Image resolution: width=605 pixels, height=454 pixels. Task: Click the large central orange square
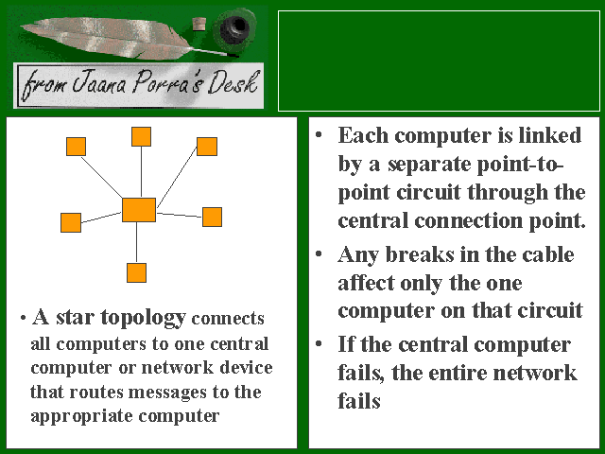[138, 209]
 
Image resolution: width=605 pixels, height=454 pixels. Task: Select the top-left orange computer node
[77, 147]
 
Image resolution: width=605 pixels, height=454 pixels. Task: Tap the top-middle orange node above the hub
[141, 136]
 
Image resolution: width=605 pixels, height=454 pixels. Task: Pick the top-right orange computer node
[207, 146]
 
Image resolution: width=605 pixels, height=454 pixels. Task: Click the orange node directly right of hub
[212, 217]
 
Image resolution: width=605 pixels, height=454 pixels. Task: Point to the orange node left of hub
[71, 222]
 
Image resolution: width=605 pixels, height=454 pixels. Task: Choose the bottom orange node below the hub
[137, 272]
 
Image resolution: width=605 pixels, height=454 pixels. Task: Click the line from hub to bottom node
[137, 243]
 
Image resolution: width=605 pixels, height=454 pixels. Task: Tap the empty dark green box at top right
[439, 59]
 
